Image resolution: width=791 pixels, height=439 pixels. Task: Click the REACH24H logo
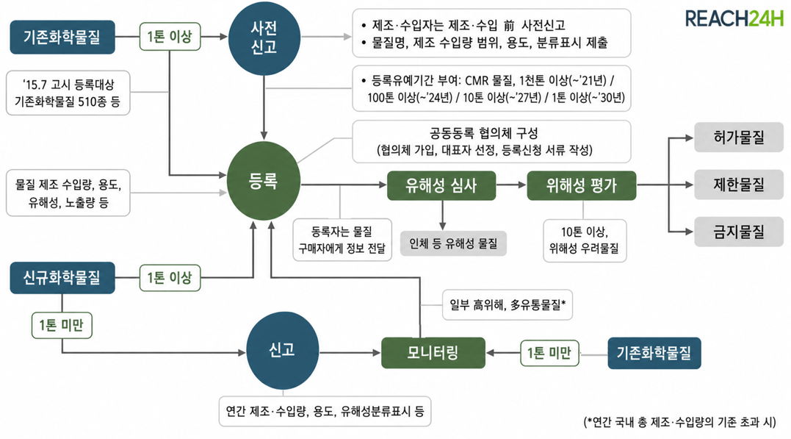point(734,18)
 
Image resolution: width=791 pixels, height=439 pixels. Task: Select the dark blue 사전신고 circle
point(264,38)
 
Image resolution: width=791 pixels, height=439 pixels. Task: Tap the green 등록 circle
point(264,181)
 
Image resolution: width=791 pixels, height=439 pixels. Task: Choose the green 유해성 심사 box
point(441,185)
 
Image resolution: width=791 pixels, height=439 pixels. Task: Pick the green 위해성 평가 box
point(581,185)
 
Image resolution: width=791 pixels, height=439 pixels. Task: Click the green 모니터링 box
point(433,353)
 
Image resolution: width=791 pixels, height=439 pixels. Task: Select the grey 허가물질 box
point(739,138)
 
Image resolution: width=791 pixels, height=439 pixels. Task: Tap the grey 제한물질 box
point(739,185)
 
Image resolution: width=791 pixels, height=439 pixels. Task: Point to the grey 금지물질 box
point(739,232)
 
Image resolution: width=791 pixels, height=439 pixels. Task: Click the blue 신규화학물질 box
point(62,278)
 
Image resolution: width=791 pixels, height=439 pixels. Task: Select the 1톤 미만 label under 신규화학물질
point(62,325)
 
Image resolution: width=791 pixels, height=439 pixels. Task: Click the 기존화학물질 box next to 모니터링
point(654,353)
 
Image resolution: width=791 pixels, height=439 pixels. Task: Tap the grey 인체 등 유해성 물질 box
point(453,244)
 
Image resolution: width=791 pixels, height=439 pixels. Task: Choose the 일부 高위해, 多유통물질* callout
point(508,304)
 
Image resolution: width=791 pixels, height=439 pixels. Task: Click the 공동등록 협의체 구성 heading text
point(484,133)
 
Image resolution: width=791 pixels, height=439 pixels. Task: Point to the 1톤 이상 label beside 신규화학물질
point(170,278)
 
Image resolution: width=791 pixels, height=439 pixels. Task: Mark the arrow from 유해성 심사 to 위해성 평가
point(511,185)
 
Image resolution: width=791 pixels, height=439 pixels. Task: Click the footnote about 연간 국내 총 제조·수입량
point(679,422)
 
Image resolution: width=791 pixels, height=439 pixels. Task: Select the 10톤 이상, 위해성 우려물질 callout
point(585,240)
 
